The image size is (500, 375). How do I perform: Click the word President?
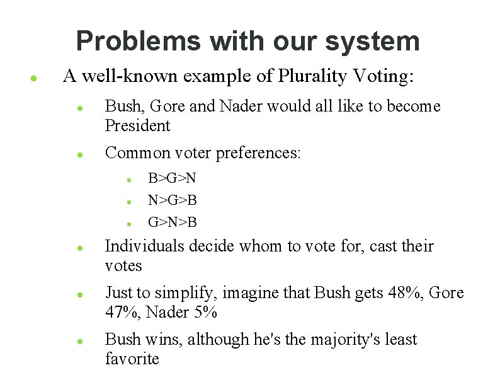click(137, 125)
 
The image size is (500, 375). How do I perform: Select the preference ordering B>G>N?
click(173, 179)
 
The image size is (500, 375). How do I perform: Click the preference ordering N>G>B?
click(173, 200)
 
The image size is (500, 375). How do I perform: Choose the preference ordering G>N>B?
click(173, 222)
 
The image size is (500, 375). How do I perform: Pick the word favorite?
click(132, 359)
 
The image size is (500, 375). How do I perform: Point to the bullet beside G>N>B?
click(128, 223)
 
